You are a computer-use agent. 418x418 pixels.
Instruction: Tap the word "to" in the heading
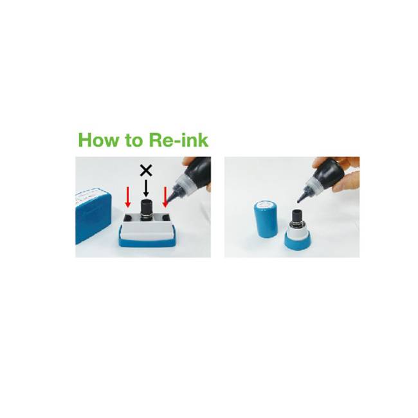132,140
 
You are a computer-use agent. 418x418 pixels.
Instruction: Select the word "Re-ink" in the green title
178,140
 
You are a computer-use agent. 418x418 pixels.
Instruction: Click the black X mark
146,170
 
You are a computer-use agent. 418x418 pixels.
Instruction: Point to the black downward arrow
146,188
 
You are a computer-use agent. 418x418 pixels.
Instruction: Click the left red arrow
128,197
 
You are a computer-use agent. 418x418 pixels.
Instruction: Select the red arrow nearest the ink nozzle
165,197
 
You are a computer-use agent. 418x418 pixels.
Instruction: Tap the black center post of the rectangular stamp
146,210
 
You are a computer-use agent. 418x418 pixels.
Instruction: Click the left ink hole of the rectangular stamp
128,218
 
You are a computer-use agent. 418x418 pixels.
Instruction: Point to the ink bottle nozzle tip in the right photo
299,201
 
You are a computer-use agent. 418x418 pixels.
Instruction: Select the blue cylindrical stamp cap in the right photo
266,219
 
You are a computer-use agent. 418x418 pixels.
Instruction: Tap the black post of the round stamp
296,217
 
